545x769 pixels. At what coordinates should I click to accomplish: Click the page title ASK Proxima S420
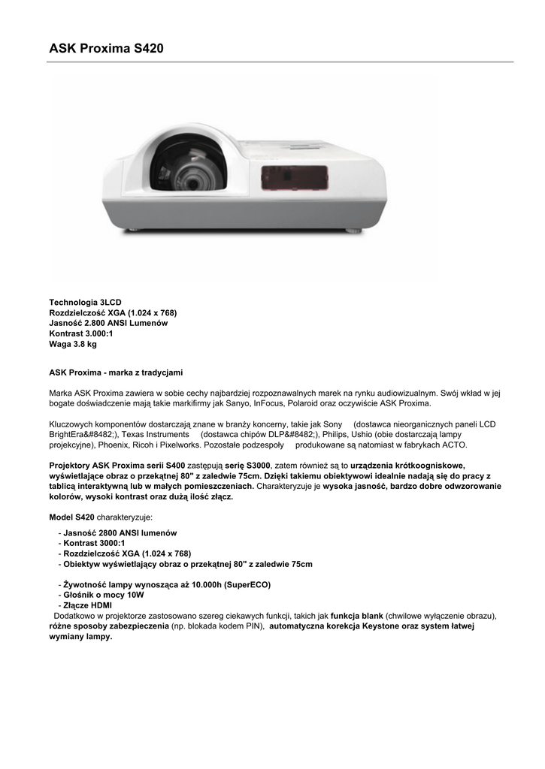click(x=106, y=49)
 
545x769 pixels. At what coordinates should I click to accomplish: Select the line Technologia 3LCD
click(x=85, y=302)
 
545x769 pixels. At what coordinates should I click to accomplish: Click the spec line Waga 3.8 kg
click(x=73, y=344)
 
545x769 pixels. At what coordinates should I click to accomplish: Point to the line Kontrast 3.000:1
click(x=81, y=333)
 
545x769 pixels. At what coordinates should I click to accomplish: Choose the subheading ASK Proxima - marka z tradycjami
click(x=116, y=372)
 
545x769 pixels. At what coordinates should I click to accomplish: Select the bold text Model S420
click(x=71, y=517)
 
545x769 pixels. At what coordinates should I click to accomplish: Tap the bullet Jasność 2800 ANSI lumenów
click(x=120, y=533)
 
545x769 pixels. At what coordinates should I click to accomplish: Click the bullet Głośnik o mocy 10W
click(x=104, y=595)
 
